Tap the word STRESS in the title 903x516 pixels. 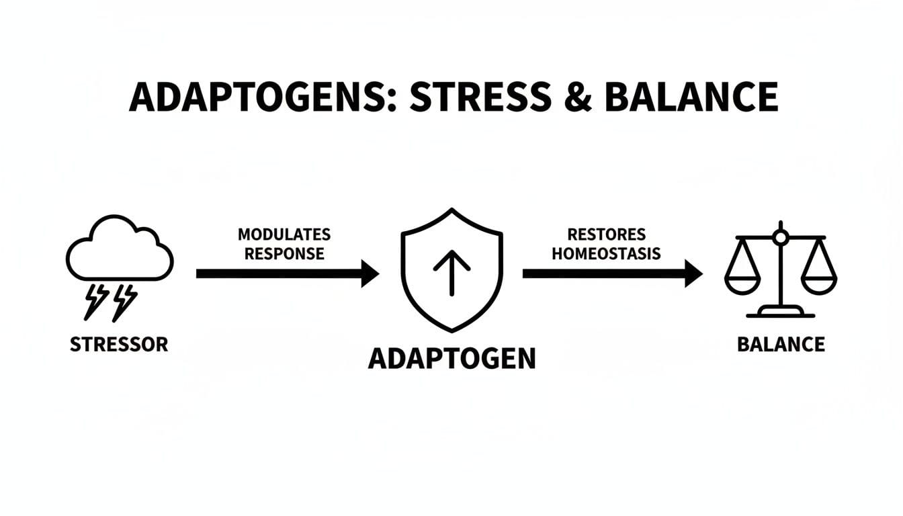pyautogui.click(x=478, y=97)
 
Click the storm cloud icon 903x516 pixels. pyautogui.click(x=120, y=249)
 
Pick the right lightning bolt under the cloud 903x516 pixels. pyautogui.click(x=124, y=300)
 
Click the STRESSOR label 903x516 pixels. pyautogui.click(x=119, y=345)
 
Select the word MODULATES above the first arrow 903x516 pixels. pyautogui.click(x=284, y=234)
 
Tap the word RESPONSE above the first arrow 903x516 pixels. pyautogui.click(x=284, y=254)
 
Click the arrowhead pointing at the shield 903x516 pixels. pyautogui.click(x=370, y=273)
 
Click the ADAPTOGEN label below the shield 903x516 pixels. pyautogui.click(x=452, y=358)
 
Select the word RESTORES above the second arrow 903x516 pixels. pyautogui.click(x=606, y=234)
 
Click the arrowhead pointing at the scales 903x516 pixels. pyautogui.click(x=694, y=273)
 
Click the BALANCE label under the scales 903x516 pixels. pyautogui.click(x=781, y=345)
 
